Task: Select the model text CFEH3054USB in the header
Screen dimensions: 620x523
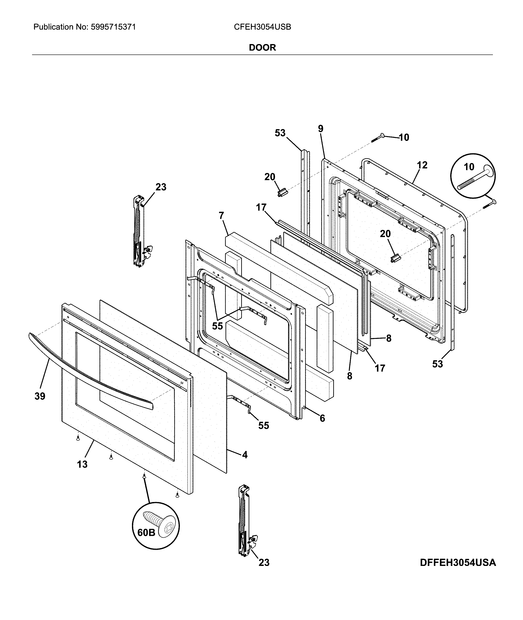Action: tap(262, 27)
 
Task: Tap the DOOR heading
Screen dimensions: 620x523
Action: tap(262, 48)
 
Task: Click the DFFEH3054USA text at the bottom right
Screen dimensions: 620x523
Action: tap(458, 562)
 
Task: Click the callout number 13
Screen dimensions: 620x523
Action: tap(82, 464)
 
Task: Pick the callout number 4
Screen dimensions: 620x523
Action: tap(245, 454)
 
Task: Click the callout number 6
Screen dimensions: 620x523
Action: tap(322, 418)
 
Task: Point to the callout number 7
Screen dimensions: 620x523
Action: tap(221, 215)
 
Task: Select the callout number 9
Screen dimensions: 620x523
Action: tap(321, 129)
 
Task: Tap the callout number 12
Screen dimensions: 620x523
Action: tap(422, 165)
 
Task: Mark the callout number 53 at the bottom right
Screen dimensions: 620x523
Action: tap(437, 364)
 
